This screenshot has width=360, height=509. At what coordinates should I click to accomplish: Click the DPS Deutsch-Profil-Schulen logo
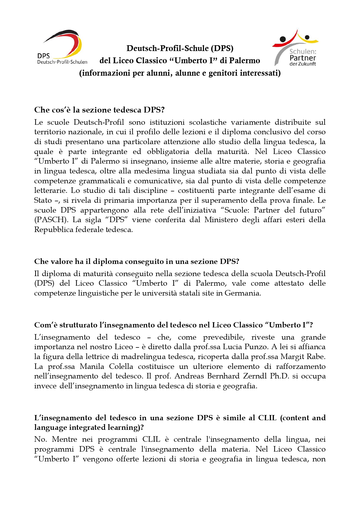pos(62,47)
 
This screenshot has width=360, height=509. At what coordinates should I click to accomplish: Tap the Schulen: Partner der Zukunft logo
pos(296,48)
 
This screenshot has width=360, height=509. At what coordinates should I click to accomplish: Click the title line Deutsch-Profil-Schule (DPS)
pos(180,48)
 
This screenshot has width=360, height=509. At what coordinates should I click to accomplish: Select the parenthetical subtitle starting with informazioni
pos(180,73)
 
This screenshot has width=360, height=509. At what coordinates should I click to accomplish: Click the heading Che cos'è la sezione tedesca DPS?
pos(99,110)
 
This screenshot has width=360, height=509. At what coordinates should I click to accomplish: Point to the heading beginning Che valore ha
pos(136,261)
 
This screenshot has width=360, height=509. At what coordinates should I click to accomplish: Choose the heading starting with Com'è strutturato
pos(173,325)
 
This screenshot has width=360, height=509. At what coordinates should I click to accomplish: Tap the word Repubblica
pos(54,230)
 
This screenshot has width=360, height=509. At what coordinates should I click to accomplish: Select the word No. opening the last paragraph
pos(40,439)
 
